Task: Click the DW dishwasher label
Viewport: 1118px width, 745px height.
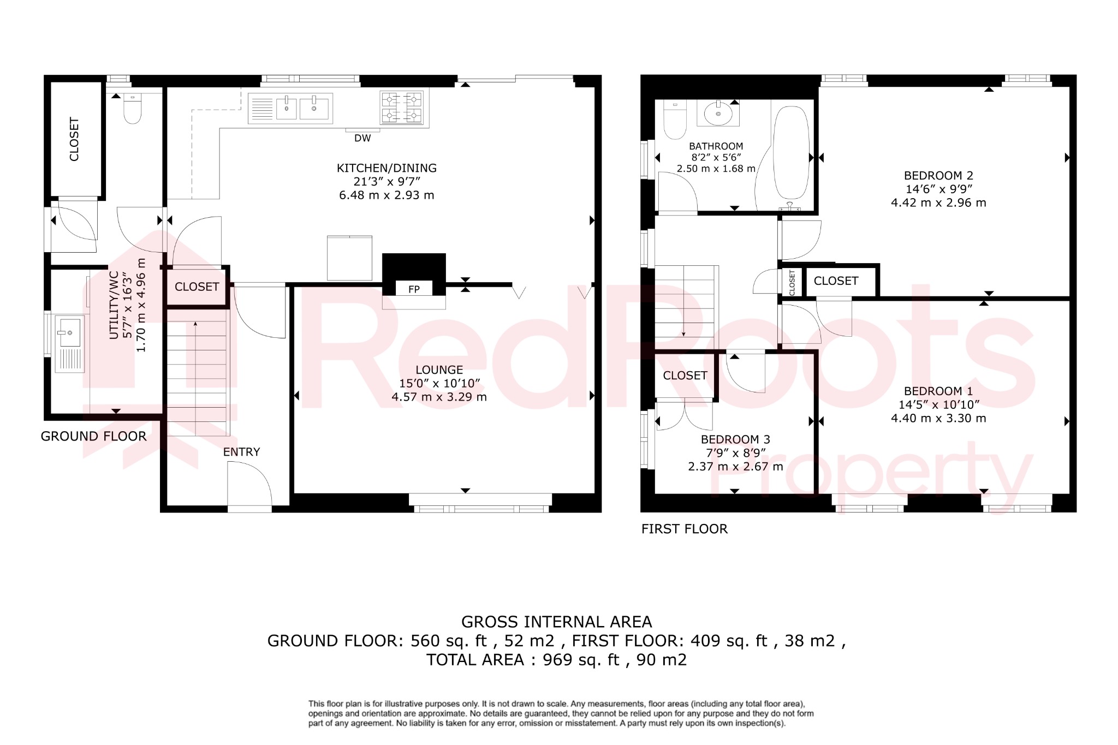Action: coord(362,139)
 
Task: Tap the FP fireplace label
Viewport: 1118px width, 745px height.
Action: coord(414,289)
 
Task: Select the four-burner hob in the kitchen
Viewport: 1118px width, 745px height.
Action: coord(402,107)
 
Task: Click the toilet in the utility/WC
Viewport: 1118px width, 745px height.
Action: coord(133,109)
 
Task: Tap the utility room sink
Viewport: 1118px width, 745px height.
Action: coord(69,332)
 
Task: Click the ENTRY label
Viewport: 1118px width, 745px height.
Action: coord(241,452)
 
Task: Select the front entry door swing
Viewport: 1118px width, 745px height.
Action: coord(249,483)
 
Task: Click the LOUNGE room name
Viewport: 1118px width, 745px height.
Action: coord(439,370)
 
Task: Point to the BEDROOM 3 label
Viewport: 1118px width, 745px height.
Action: coord(735,439)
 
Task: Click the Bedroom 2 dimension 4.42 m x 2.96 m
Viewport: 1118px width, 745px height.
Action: coord(938,202)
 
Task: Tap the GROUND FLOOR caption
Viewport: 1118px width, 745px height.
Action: coord(93,437)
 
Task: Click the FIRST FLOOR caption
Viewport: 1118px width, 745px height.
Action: coord(684,529)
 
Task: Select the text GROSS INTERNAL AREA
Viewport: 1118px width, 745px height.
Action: coord(556,622)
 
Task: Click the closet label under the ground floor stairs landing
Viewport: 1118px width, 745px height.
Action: coord(197,287)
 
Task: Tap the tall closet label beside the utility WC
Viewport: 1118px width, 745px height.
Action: coord(75,139)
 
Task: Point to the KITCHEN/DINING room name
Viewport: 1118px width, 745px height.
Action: coord(386,168)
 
